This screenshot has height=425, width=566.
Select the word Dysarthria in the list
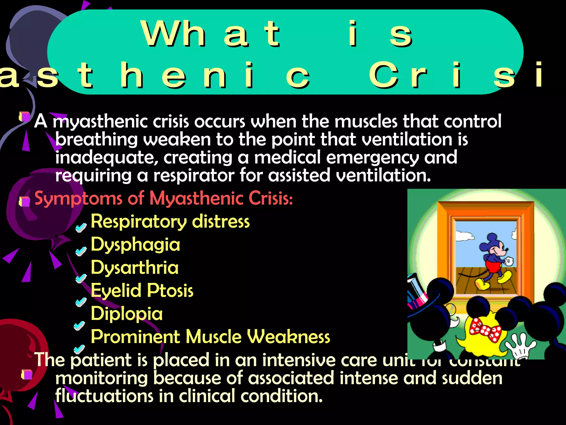pyautogui.click(x=135, y=268)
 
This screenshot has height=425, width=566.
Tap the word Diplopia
pyautogui.click(x=127, y=314)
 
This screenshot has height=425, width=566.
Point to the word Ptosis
pyautogui.click(x=170, y=291)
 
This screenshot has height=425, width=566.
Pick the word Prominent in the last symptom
pyautogui.click(x=135, y=337)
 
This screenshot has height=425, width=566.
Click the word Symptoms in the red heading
pyautogui.click(x=78, y=199)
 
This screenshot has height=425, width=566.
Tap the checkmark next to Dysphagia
pyautogui.click(x=81, y=251)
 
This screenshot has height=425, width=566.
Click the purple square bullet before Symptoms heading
pyautogui.click(x=25, y=201)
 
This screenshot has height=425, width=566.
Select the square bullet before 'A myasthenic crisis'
pyautogui.click(x=24, y=117)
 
